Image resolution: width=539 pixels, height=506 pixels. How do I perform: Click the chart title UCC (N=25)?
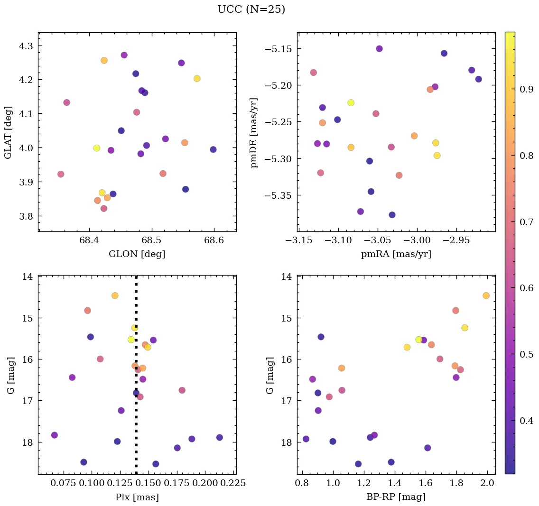coord(251,9)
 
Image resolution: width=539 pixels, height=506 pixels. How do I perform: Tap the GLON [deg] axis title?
coord(137,254)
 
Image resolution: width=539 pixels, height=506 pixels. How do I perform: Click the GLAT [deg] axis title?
coord(8,131)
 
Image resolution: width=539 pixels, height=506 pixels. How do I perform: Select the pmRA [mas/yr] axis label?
coord(396,254)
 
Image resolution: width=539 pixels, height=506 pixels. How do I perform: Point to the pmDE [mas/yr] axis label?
coord(255,132)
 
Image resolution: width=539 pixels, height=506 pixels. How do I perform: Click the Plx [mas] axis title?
coord(137,497)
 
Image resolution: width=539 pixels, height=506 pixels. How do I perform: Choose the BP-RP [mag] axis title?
coord(396,497)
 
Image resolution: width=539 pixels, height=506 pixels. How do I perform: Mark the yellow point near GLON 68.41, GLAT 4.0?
coord(97,148)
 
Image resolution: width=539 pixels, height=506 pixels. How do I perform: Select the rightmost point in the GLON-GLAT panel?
coord(213,149)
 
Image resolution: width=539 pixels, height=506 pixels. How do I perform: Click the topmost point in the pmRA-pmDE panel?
coord(379,49)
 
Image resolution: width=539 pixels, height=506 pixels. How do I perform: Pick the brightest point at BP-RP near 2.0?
coord(486,295)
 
